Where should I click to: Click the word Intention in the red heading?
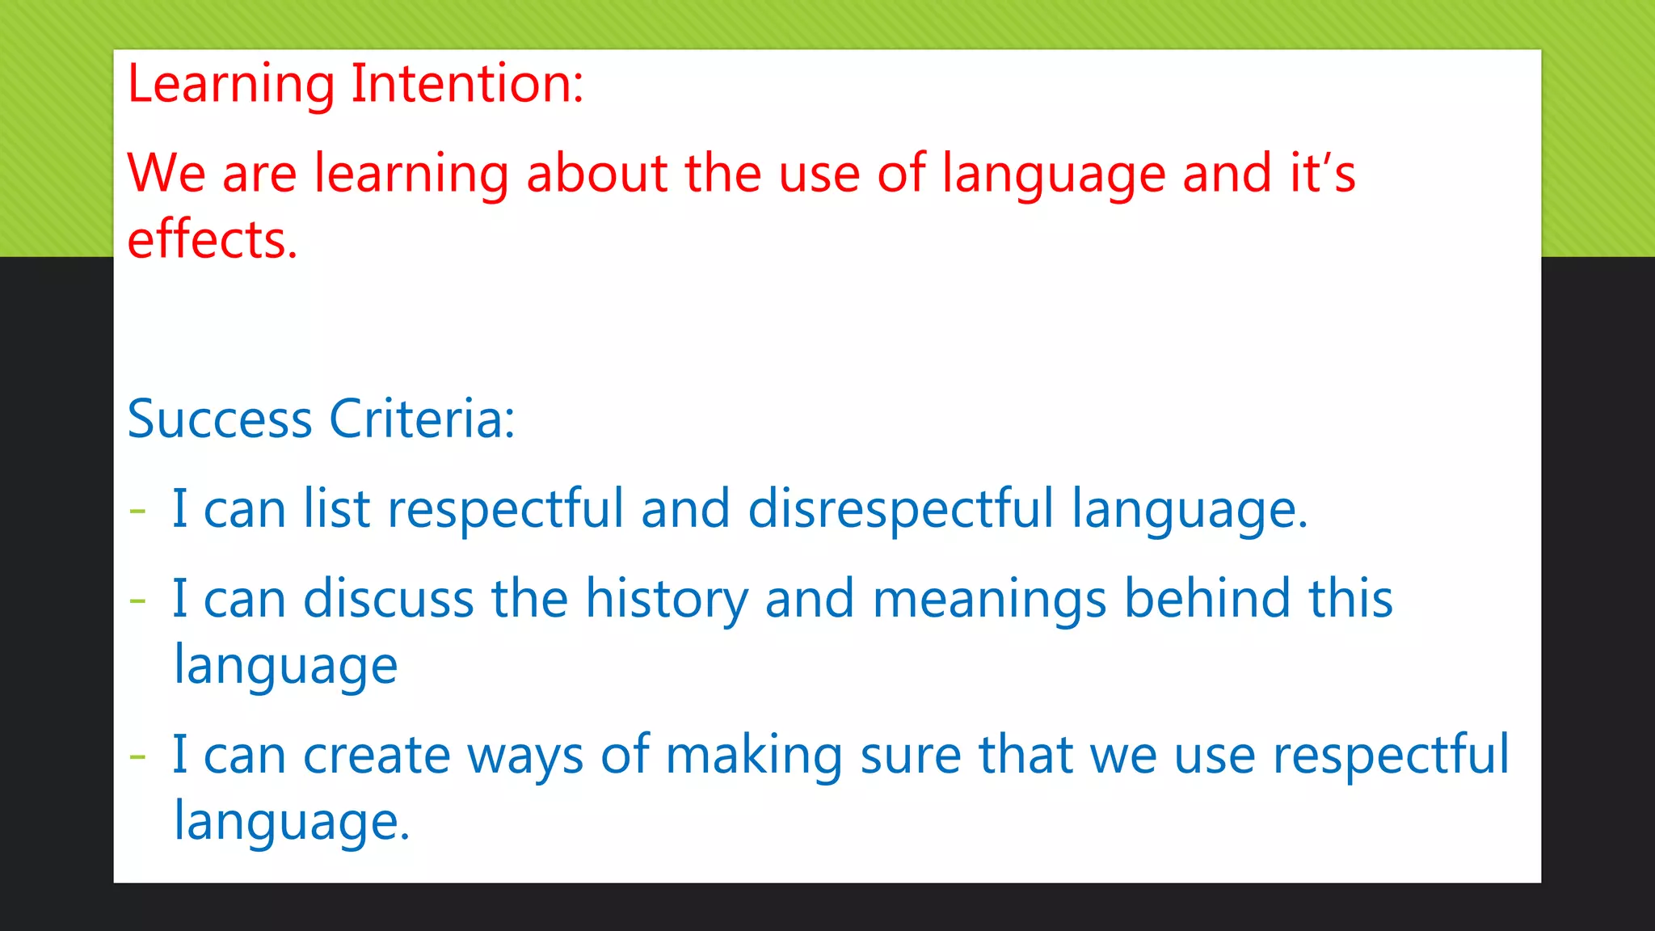tap(466, 84)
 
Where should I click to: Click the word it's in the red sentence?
tap(1322, 173)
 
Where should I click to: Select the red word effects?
tap(212, 240)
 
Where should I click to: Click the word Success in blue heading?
tap(219, 419)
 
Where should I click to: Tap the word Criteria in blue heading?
tap(421, 419)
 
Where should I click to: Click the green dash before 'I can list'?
tap(138, 512)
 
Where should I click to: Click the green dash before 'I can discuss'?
tap(138, 601)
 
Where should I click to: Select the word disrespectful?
tap(900, 509)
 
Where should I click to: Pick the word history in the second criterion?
tap(666, 600)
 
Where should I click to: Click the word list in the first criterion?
tap(336, 509)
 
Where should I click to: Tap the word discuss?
tap(388, 599)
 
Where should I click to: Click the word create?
tap(376, 756)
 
